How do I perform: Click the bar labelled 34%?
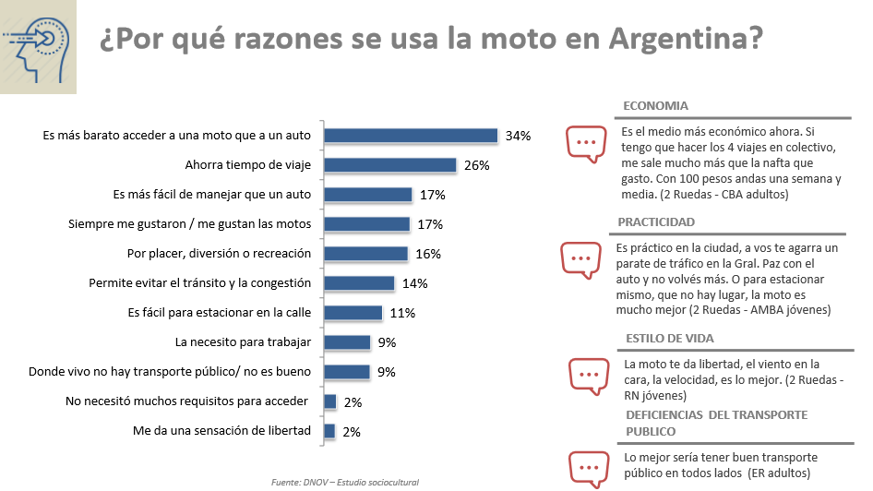[412, 136]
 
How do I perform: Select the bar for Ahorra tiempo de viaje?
[390, 165]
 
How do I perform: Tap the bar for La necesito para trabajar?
[347, 342]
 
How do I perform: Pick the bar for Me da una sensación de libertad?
[329, 431]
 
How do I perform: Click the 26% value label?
[476, 166]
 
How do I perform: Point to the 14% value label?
[413, 283]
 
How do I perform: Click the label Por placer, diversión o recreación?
[219, 254]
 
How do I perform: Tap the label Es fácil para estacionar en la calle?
[219, 313]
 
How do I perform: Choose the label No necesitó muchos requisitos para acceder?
[188, 401]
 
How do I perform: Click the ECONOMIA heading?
[655, 106]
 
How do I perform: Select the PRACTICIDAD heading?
[656, 222]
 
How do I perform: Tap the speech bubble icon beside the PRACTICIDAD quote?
[581, 259]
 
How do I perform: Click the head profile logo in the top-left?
[38, 47]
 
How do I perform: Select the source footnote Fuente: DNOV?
[345, 482]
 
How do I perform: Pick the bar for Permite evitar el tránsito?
[359, 283]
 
